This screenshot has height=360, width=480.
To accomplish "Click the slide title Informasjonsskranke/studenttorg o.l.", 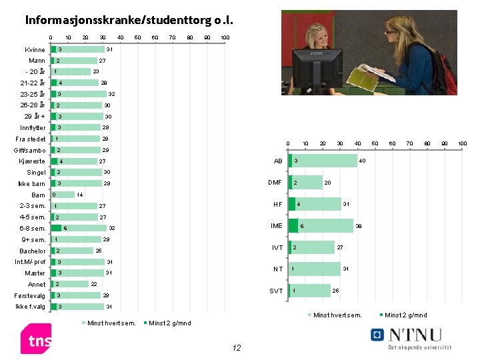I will pyautogui.click(x=130, y=19).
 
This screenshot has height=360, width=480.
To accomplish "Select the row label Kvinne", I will pyautogui.click(x=35, y=50).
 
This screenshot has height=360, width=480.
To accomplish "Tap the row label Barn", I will pyautogui.click(x=38, y=195).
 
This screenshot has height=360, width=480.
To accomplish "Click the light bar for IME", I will pyautogui.click(x=325, y=226).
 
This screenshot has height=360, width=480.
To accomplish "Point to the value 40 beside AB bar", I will pyautogui.click(x=362, y=161).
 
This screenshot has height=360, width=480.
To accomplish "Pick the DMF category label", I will pyautogui.click(x=275, y=183).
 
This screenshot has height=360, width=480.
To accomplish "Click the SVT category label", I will pyautogui.click(x=275, y=291).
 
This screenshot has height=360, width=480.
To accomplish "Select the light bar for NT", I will pyautogui.click(x=315, y=269).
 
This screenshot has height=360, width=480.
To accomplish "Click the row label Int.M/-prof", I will pyautogui.click(x=30, y=262).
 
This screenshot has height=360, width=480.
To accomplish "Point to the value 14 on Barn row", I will pyautogui.click(x=79, y=195).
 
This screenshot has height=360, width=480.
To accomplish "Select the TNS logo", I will pyautogui.click(x=36, y=339).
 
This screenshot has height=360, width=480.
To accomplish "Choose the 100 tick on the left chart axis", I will pyautogui.click(x=225, y=37).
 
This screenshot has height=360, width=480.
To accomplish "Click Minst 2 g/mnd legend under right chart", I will pyautogui.click(x=405, y=315).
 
